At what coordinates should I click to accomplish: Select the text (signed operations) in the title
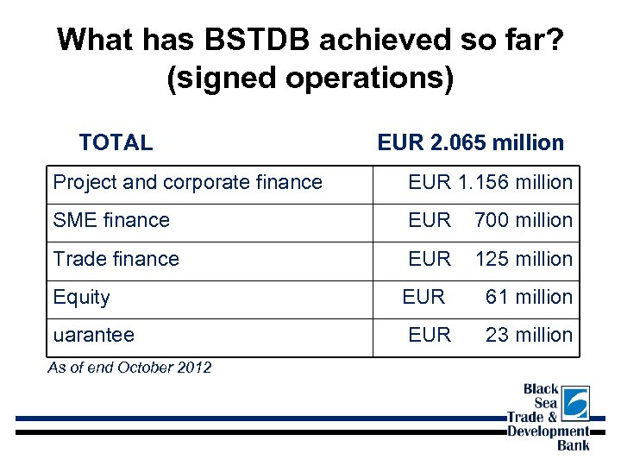coord(310,78)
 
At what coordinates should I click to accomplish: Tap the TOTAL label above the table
coord(116,142)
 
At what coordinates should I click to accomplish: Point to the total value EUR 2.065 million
coord(470,142)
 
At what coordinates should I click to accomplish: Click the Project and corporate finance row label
coord(187,182)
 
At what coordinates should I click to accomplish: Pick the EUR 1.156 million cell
coord(490,182)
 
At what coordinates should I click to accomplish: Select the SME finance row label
coord(111,220)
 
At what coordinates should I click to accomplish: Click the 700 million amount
coord(523,220)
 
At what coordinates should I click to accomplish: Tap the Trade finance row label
coord(116,259)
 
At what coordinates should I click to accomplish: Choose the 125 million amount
coord(523,259)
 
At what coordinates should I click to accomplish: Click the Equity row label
coord(81,297)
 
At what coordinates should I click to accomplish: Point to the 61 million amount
coord(529,297)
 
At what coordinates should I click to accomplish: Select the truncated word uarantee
coord(93,335)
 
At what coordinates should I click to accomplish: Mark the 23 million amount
coord(529,335)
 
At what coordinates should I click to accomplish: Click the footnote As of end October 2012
coord(129,368)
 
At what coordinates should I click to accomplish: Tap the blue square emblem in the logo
coord(575,402)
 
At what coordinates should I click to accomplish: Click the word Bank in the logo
coord(573,445)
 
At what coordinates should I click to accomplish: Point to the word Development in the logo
coord(548,431)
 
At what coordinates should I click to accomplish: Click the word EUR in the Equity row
coord(423,297)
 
